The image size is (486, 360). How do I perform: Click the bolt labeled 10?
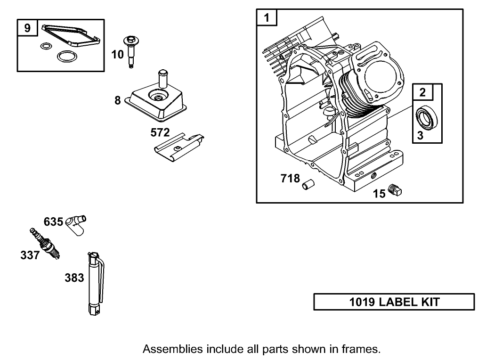coord(130,52)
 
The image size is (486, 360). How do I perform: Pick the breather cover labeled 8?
coord(157,101)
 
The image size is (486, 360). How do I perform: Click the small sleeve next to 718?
coord(308,184)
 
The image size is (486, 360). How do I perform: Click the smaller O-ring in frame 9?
coord(46,46)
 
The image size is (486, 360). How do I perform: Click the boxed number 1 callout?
coord(267,18)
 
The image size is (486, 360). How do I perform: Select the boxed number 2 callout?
coord(422,93)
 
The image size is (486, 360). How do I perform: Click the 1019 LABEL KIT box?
coord(394,302)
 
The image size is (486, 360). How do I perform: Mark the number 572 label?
coord(160,133)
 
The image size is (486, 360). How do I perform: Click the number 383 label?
coord(74,278)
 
